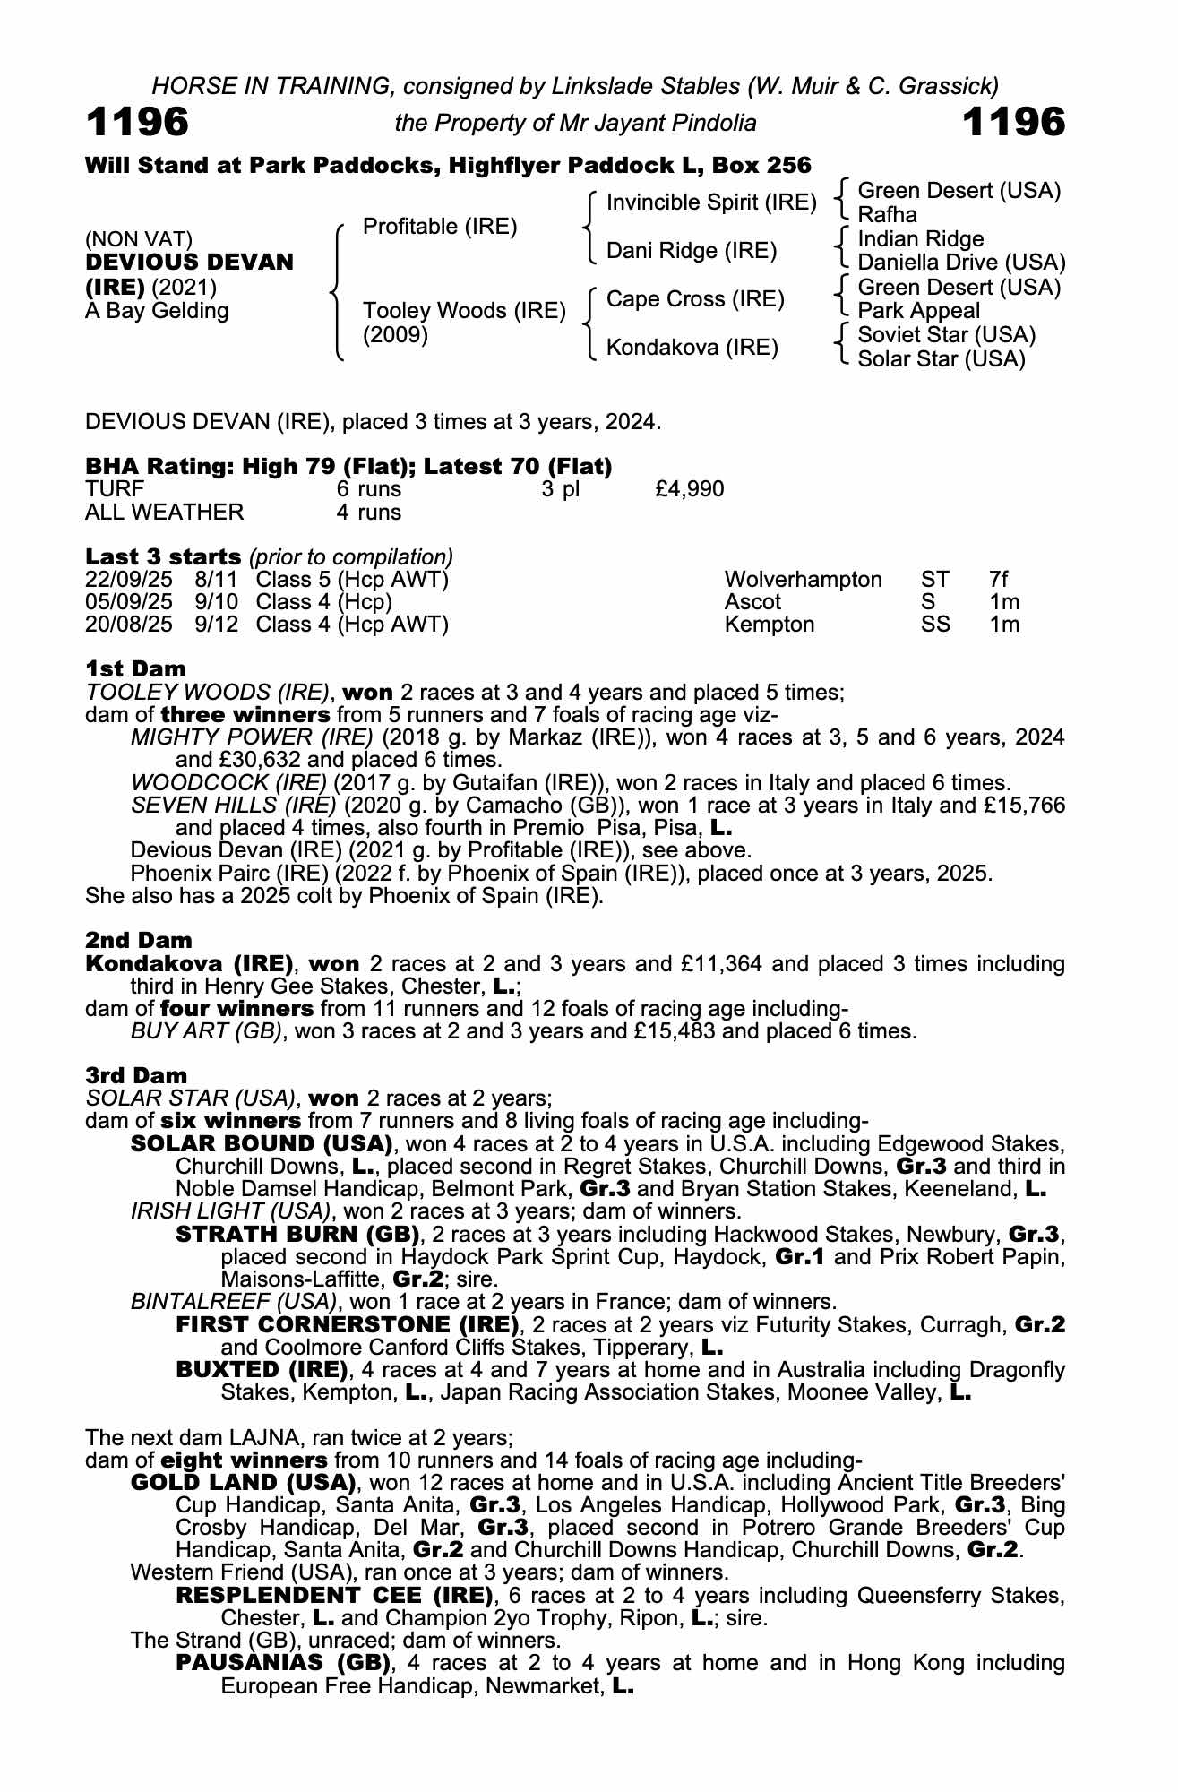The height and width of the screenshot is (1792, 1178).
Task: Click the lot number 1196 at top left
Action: tap(137, 122)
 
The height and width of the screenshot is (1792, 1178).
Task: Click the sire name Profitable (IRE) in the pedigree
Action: tap(440, 227)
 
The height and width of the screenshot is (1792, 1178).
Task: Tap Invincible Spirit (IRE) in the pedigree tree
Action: tap(711, 202)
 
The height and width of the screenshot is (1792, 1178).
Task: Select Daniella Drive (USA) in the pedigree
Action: tap(961, 263)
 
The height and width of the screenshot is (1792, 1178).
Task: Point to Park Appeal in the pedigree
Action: tap(918, 311)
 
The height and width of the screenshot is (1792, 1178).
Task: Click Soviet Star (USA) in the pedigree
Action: tap(946, 335)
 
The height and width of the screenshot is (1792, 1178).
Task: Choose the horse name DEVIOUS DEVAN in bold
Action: tap(189, 263)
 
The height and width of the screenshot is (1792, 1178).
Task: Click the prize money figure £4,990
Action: tap(690, 489)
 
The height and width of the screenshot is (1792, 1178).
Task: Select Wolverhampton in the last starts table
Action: tap(803, 580)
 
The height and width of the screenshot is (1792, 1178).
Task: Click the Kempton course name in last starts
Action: tap(769, 625)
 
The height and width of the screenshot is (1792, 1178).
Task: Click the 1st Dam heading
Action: tap(135, 669)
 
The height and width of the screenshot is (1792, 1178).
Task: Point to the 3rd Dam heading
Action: tap(136, 1075)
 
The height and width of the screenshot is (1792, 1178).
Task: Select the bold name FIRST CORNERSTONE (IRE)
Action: tap(348, 1324)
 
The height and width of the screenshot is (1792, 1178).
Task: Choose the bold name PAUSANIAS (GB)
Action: tap(285, 1663)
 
